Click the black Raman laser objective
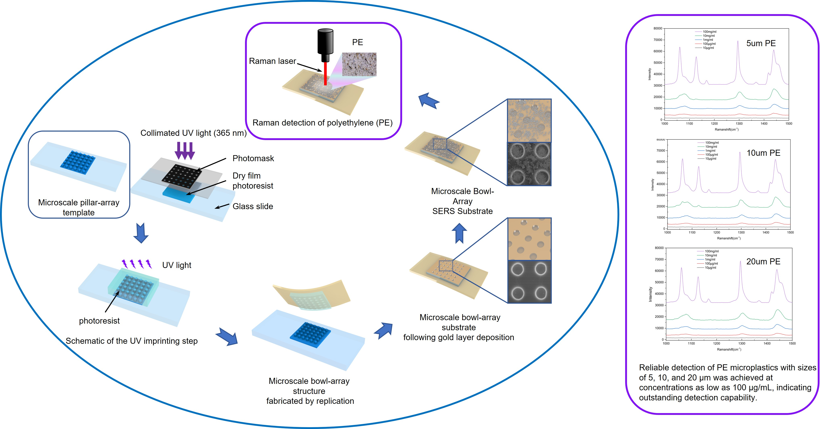(325, 45)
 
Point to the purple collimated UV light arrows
(185, 151)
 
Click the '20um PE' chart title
(763, 262)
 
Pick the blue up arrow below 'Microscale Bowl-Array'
(459, 233)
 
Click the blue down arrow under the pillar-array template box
(141, 233)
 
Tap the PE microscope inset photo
(359, 64)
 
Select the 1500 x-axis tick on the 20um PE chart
(792, 343)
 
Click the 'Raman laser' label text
(272, 61)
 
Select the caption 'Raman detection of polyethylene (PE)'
(322, 123)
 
